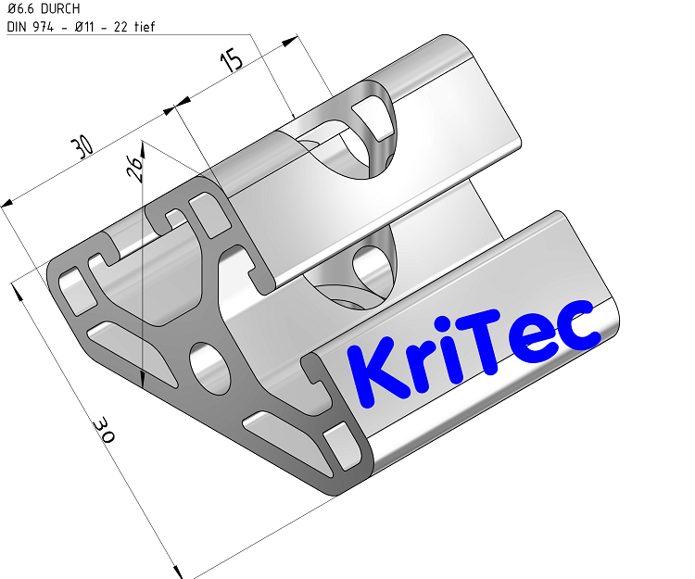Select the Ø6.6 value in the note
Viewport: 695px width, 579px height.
(x=20, y=9)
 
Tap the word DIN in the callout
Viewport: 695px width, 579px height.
(x=17, y=26)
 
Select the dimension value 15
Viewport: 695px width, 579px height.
(x=233, y=61)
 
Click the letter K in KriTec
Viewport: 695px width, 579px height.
(x=374, y=371)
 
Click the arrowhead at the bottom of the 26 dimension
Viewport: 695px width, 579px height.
(x=142, y=379)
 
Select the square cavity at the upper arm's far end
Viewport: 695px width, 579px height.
(x=374, y=115)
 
